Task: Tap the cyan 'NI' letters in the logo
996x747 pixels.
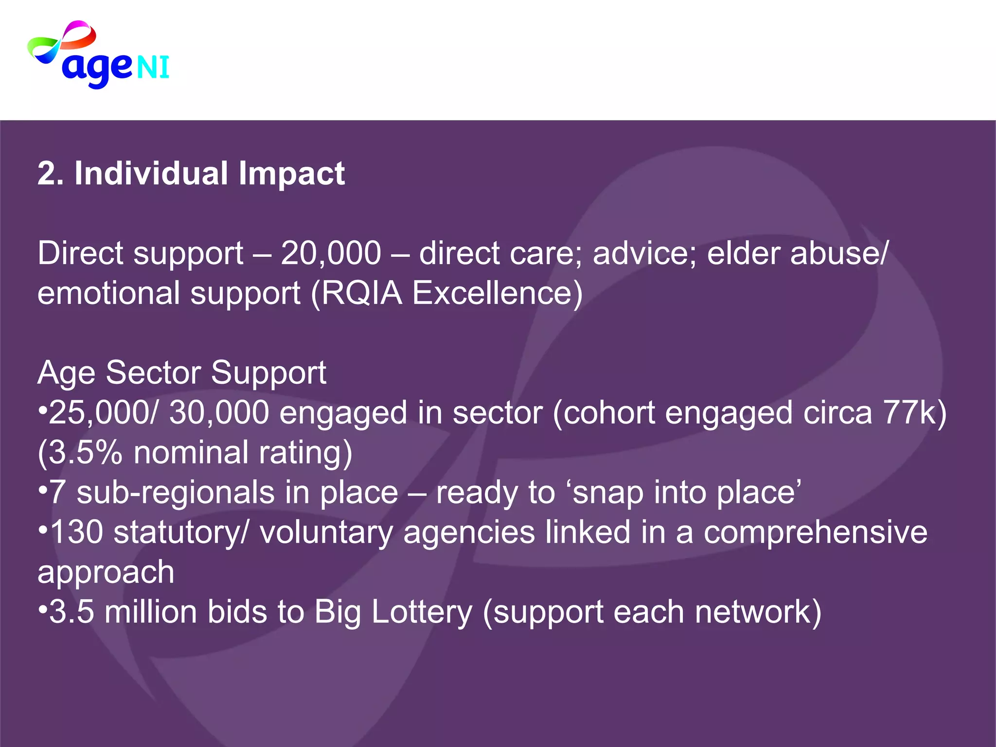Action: point(153,67)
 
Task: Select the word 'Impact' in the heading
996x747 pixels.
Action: point(291,174)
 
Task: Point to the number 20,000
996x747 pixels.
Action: point(331,253)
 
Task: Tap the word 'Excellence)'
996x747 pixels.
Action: point(497,293)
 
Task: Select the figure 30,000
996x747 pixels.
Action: point(218,413)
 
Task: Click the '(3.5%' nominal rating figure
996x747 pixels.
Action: point(80,453)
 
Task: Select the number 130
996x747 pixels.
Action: point(76,532)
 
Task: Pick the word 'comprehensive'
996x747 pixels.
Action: point(816,532)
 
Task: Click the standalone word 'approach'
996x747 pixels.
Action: point(106,572)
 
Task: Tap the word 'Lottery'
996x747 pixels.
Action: point(422,612)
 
